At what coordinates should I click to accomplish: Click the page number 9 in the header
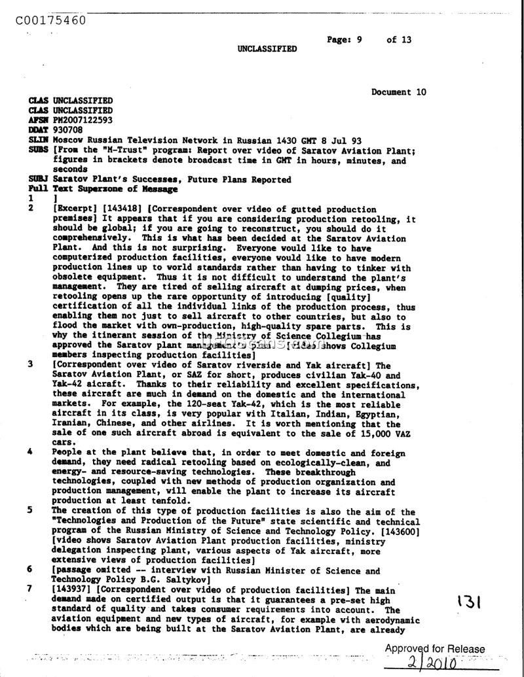pos(360,39)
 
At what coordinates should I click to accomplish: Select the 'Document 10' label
pos(398,92)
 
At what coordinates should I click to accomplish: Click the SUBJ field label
pos(38,179)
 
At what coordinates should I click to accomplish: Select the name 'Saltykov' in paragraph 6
pos(188,580)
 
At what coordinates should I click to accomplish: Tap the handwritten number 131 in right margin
pos(470,600)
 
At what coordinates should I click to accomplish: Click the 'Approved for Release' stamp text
pos(435,650)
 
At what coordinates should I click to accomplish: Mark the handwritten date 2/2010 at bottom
pos(436,665)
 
